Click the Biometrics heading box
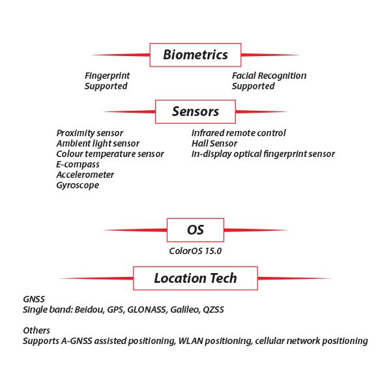195,55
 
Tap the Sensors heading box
195,111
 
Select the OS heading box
195,230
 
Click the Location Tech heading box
195,278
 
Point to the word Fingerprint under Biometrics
107,76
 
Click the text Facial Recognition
269,76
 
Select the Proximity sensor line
89,133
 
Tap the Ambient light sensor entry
98,143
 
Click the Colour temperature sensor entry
110,154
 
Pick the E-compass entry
78,164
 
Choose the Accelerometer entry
85,175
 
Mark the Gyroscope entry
78,185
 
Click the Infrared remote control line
239,133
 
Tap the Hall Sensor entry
214,143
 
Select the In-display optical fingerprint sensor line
263,154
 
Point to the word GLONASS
147,310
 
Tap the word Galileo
182,310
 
